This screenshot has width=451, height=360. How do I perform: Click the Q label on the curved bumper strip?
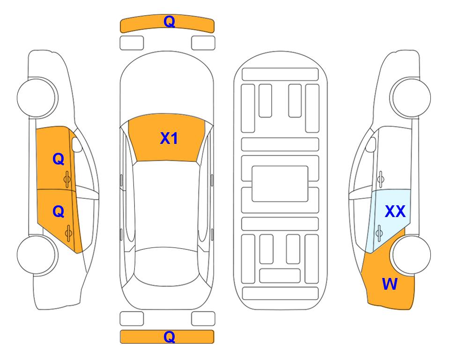coord(169,22)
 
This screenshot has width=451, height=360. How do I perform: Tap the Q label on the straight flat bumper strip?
coord(169,337)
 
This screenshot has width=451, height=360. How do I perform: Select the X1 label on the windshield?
coord(169,138)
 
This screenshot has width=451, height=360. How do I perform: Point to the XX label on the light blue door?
coord(395,211)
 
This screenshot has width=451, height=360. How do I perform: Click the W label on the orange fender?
coord(390,284)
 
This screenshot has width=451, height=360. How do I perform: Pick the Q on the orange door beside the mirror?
coord(59,159)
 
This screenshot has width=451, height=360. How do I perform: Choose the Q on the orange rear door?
coord(59,212)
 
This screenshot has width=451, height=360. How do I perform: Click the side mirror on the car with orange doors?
coord(76,144)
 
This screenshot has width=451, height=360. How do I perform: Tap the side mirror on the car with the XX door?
coord(371,144)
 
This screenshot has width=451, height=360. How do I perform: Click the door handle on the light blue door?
coord(379,233)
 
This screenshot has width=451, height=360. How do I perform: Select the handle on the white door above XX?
coord(380,179)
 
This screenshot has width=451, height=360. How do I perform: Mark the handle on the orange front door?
coord(67,179)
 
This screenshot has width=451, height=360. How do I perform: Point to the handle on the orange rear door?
coord(68,233)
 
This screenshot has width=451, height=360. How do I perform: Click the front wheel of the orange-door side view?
coord(37,97)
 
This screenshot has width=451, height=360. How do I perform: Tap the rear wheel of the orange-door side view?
coord(37,255)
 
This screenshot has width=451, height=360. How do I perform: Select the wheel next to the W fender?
coord(410,255)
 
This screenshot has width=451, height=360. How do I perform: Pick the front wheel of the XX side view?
coord(410,97)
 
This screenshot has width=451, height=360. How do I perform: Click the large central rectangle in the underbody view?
coord(280,184)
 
